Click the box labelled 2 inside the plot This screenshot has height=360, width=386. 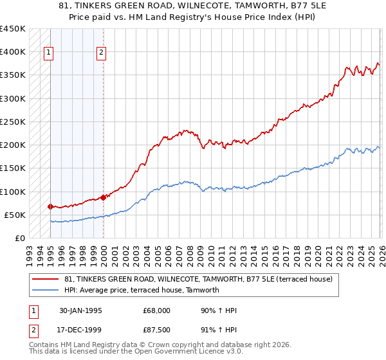click(102, 53)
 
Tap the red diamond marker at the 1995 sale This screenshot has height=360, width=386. click(50, 206)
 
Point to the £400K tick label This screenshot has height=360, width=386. click(12, 52)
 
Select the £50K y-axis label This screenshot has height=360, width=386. click(14, 215)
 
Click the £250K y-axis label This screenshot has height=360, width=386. click(12, 122)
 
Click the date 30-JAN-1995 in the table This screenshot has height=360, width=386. click(80, 310)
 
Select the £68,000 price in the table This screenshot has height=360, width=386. click(156, 310)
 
